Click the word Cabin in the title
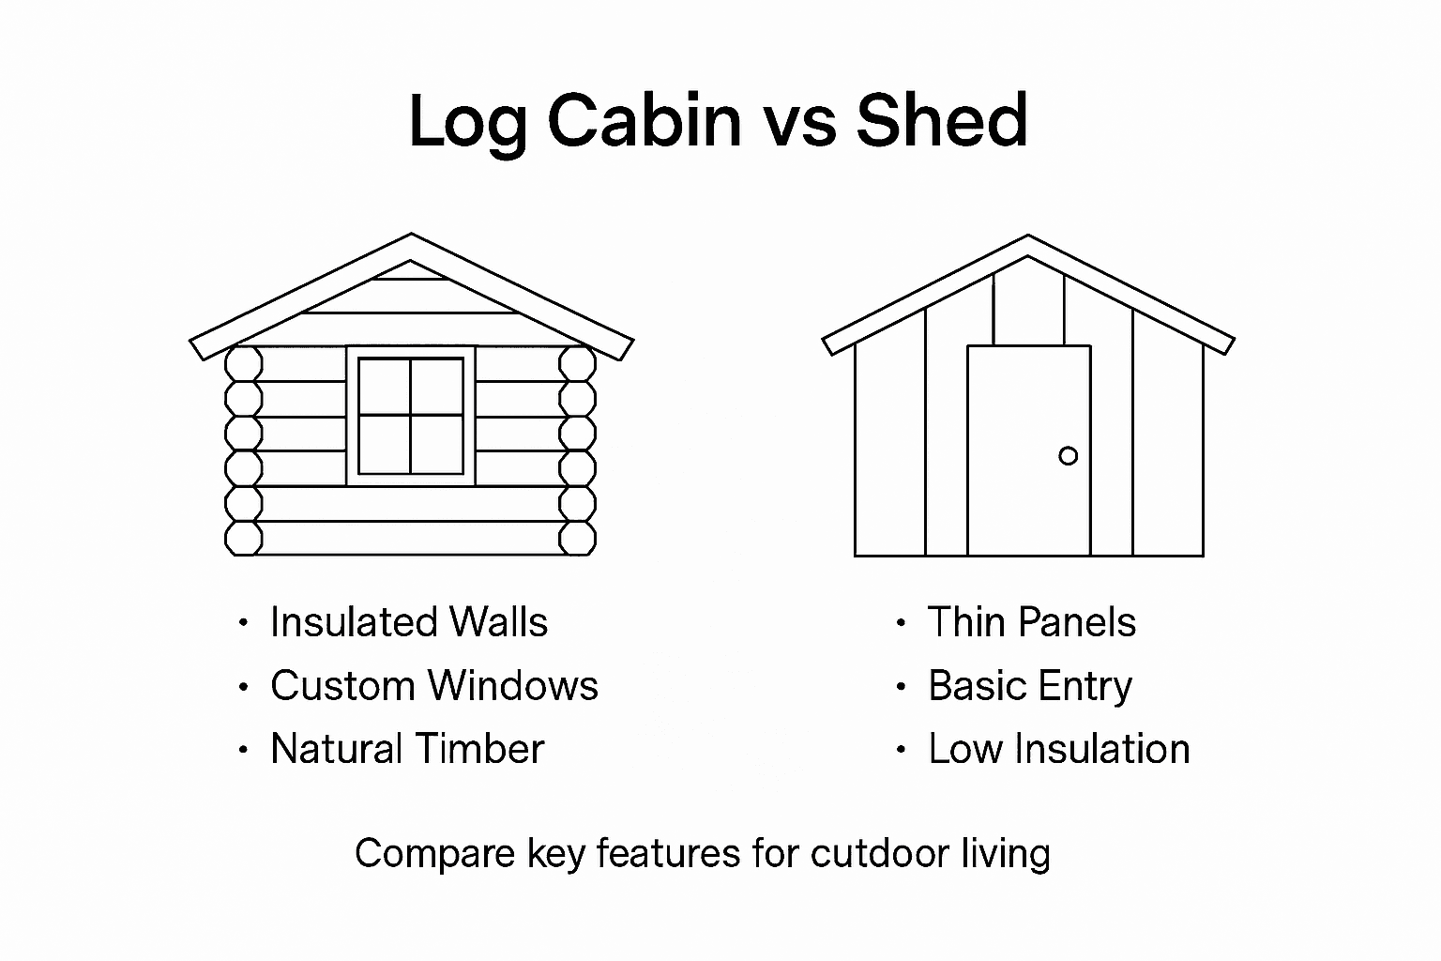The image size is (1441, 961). (x=644, y=120)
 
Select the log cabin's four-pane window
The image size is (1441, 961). (x=411, y=416)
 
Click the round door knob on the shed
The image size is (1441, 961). (x=1068, y=456)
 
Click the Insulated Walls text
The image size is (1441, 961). (x=408, y=622)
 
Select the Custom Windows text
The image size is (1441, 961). (x=433, y=686)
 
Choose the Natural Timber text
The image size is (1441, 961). (x=406, y=749)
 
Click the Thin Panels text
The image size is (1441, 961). (x=1031, y=622)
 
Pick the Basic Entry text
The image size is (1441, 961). (x=1029, y=686)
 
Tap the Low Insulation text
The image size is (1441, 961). (x=1058, y=749)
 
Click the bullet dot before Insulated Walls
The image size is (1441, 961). (x=244, y=623)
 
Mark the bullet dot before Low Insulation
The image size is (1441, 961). (x=901, y=750)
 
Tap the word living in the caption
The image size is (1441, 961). (x=1006, y=854)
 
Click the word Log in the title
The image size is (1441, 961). (x=467, y=122)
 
